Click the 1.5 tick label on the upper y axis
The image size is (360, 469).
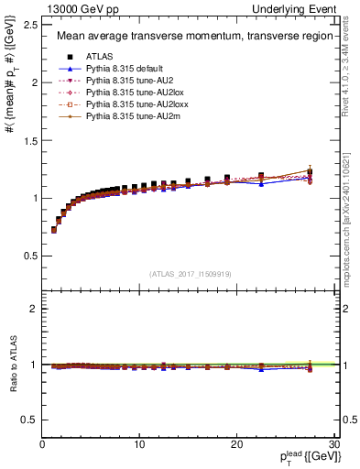point(31,140)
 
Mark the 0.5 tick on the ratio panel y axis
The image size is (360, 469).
point(31,420)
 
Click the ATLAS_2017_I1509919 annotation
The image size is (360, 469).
point(190,272)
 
